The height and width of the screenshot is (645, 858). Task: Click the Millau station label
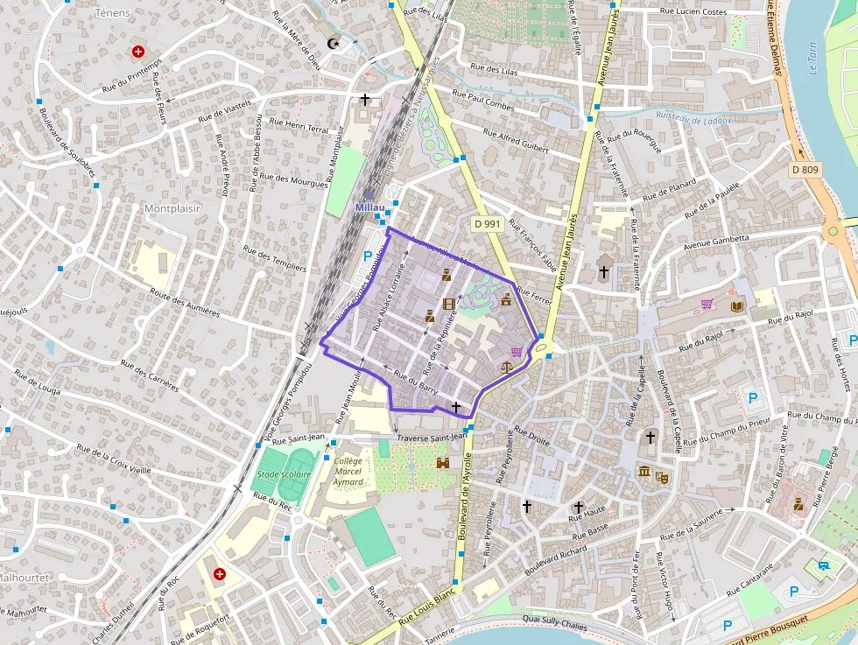click(x=369, y=207)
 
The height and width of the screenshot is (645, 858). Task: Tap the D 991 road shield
click(x=487, y=224)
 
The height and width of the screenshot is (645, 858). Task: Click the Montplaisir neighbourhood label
click(x=172, y=209)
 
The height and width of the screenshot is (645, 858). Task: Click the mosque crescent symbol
click(x=333, y=43)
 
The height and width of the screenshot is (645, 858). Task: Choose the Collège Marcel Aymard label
click(x=348, y=471)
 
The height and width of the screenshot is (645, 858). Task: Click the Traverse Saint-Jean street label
click(x=432, y=438)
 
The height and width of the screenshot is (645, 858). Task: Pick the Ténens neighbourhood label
click(x=112, y=13)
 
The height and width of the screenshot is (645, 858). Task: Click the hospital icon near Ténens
click(x=138, y=52)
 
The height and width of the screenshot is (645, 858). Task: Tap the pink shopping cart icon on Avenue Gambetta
click(x=707, y=305)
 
